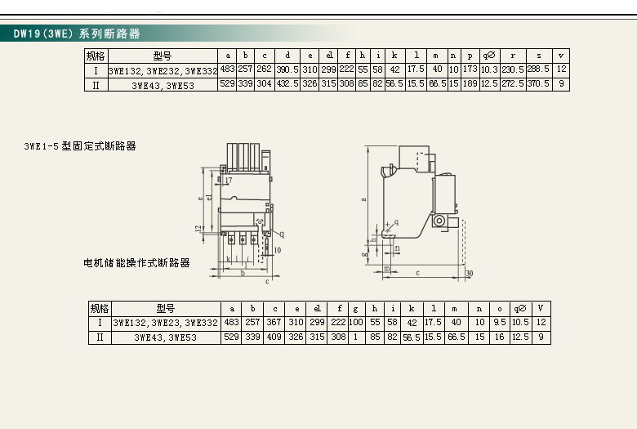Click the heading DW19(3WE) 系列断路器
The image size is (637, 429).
77,34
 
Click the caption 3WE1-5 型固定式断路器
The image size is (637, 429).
80,146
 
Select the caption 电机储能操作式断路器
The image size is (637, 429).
137,263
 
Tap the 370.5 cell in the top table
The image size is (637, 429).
538,84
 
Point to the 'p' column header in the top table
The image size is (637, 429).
470,56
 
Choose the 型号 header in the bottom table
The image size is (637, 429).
166,308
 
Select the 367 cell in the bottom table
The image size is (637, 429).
274,322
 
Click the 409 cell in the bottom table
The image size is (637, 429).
274,337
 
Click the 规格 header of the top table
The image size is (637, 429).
96,56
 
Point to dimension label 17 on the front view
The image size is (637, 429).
228,180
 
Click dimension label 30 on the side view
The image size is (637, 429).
470,273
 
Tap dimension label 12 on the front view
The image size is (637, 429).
198,228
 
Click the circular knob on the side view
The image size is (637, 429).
439,221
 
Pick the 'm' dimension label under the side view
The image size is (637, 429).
386,268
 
